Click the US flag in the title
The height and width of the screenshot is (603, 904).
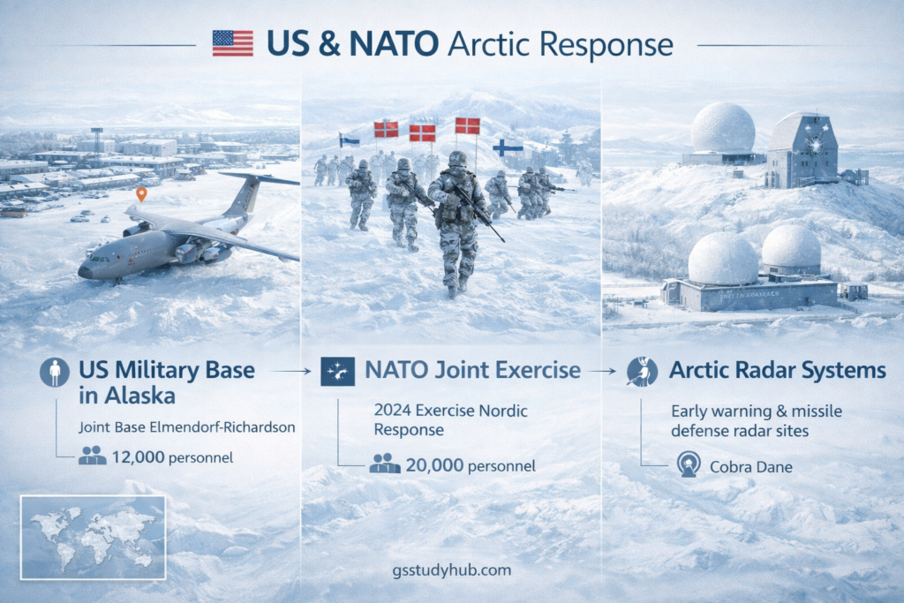232,43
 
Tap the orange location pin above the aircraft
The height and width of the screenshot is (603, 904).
140,193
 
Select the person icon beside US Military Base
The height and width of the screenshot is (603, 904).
55,372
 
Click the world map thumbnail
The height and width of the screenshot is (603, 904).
93,537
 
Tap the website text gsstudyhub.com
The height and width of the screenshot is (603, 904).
451,570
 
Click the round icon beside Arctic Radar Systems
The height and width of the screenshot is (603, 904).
642,372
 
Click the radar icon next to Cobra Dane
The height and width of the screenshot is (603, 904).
688,465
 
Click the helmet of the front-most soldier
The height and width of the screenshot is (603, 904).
457,159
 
